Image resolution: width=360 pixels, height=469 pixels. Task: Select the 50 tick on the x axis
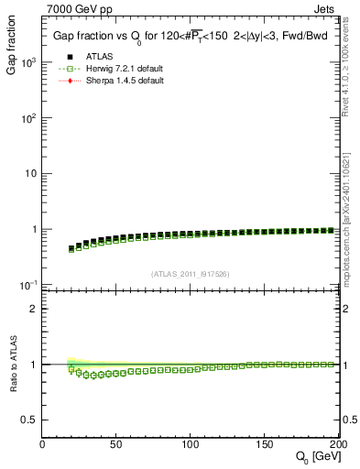tap(116, 444)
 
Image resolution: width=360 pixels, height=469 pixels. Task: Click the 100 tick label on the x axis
tap(191, 444)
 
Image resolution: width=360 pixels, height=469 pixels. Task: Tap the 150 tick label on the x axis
tap(265, 444)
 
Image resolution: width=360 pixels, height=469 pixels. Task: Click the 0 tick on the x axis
tap(43, 444)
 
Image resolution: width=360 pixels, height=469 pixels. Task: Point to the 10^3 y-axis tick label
tap(28, 62)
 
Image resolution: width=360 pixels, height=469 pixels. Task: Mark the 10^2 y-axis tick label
tap(28, 118)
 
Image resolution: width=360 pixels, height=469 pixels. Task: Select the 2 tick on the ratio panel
tap(34, 309)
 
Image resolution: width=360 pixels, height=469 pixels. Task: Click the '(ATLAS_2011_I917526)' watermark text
tap(191, 274)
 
